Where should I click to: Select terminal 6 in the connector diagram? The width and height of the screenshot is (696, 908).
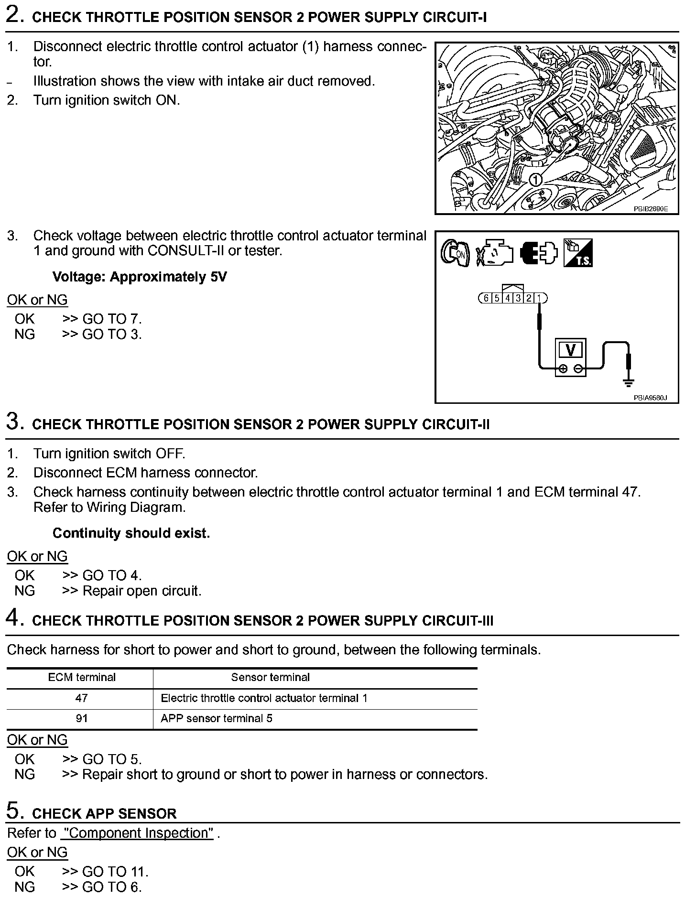point(486,298)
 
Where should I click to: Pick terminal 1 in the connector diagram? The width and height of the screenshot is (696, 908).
point(540,298)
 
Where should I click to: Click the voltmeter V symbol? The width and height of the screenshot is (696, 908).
point(570,350)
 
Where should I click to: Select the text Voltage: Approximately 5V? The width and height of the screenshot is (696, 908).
point(140,277)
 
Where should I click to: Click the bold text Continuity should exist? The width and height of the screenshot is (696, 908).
point(131,533)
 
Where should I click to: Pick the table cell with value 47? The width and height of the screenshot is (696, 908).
point(81,698)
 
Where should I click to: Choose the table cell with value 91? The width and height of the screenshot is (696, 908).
point(81,718)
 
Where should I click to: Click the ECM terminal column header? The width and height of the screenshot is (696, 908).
point(81,677)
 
